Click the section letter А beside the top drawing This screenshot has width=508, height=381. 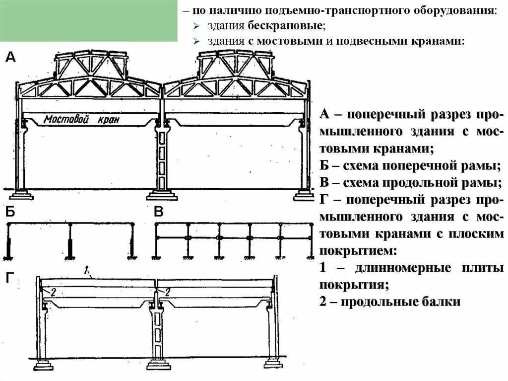[10, 58]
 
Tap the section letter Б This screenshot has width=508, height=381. [10, 212]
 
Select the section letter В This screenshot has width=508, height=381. [159, 212]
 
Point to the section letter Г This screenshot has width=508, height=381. [10, 279]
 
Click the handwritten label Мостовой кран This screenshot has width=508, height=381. [81, 120]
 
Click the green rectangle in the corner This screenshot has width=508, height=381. [89, 21]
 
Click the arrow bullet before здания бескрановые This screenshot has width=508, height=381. [196, 25]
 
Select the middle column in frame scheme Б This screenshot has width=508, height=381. [70, 241]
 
